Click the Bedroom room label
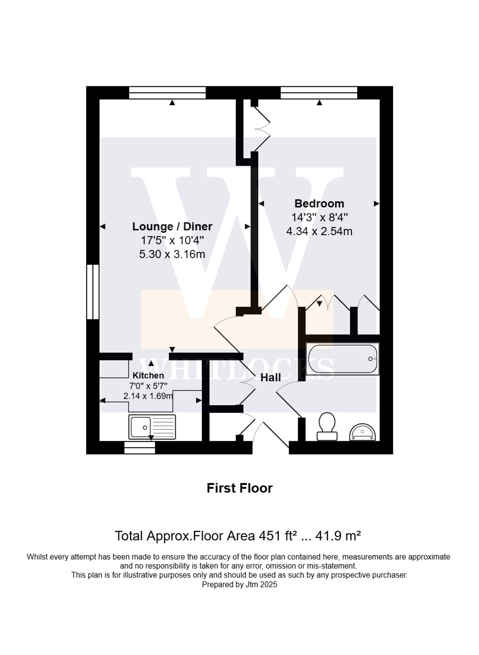point(319,204)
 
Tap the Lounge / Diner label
point(172,227)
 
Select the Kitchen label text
point(148,375)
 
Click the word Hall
point(271,378)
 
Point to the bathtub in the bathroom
point(342,359)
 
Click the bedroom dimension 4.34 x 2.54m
point(319,231)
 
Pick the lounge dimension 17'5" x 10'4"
point(172,241)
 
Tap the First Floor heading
point(239,488)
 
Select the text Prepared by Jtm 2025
point(239,585)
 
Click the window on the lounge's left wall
point(93,292)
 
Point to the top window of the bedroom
point(319,93)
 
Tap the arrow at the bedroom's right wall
point(376,204)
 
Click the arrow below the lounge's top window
point(172,103)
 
